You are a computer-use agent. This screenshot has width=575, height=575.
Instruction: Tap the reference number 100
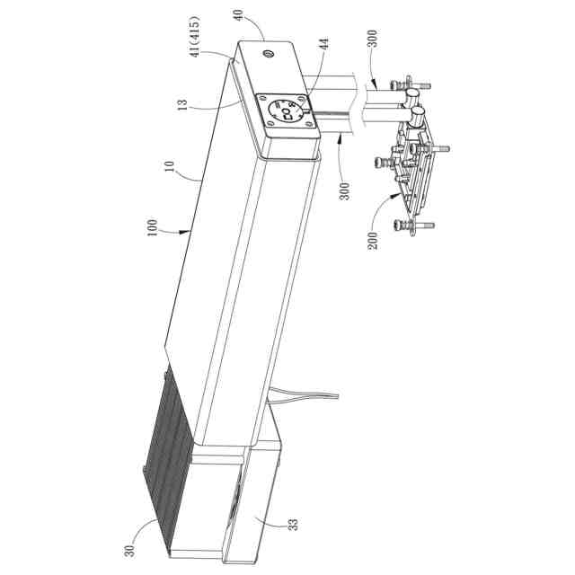(x=152, y=227)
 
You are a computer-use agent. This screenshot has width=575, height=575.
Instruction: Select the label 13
(x=183, y=104)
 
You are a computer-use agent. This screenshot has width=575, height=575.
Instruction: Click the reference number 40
(x=239, y=14)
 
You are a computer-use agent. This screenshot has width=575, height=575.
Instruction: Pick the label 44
(x=324, y=44)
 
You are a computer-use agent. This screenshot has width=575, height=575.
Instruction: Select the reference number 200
(x=373, y=241)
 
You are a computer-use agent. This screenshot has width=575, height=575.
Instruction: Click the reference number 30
(x=129, y=551)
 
